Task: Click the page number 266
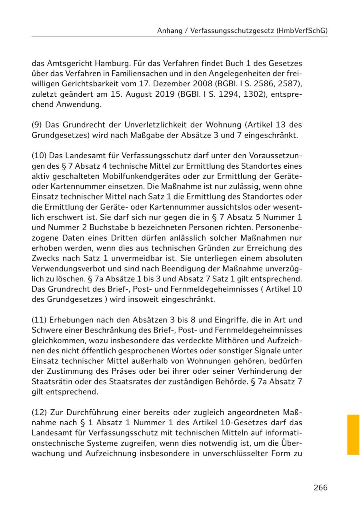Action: click(x=320, y=488)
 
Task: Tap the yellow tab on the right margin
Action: click(x=353, y=434)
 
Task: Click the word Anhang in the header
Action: click(x=169, y=30)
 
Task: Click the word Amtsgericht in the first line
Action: click(x=68, y=63)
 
